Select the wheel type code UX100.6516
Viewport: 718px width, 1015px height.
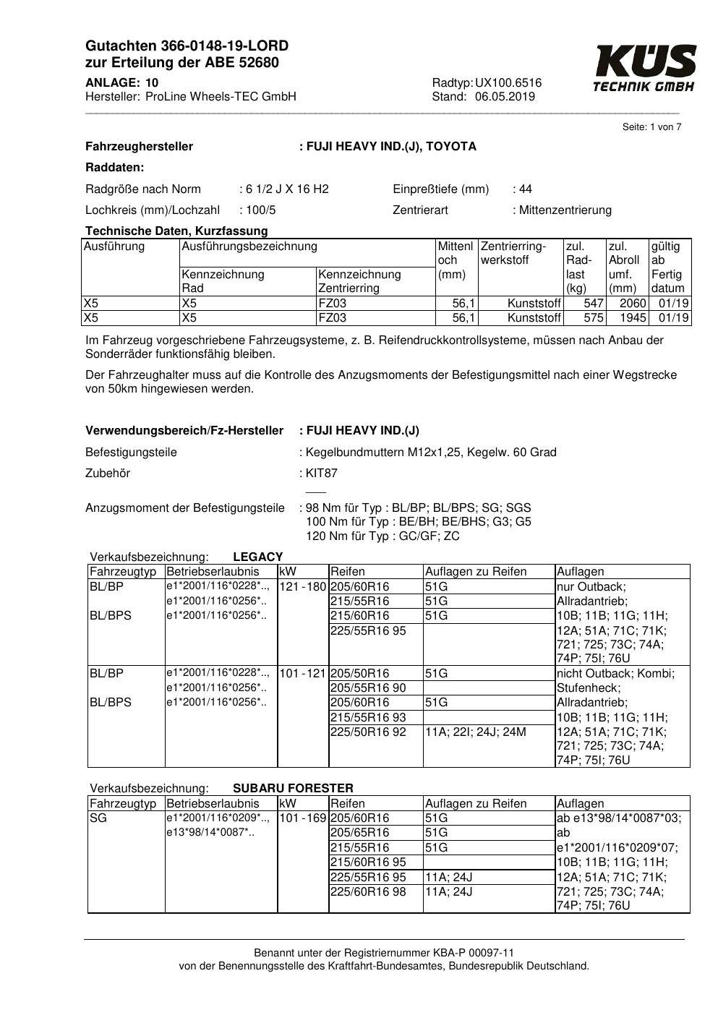(508, 83)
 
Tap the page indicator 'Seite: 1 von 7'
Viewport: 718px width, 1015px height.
(651, 127)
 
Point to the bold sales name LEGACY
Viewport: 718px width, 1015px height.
(258, 557)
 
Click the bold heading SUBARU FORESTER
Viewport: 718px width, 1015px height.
(293, 788)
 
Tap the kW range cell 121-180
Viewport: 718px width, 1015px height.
(303, 587)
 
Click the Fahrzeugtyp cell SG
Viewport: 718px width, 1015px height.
(98, 818)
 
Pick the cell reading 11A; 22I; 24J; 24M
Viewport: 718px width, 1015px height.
(475, 732)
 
